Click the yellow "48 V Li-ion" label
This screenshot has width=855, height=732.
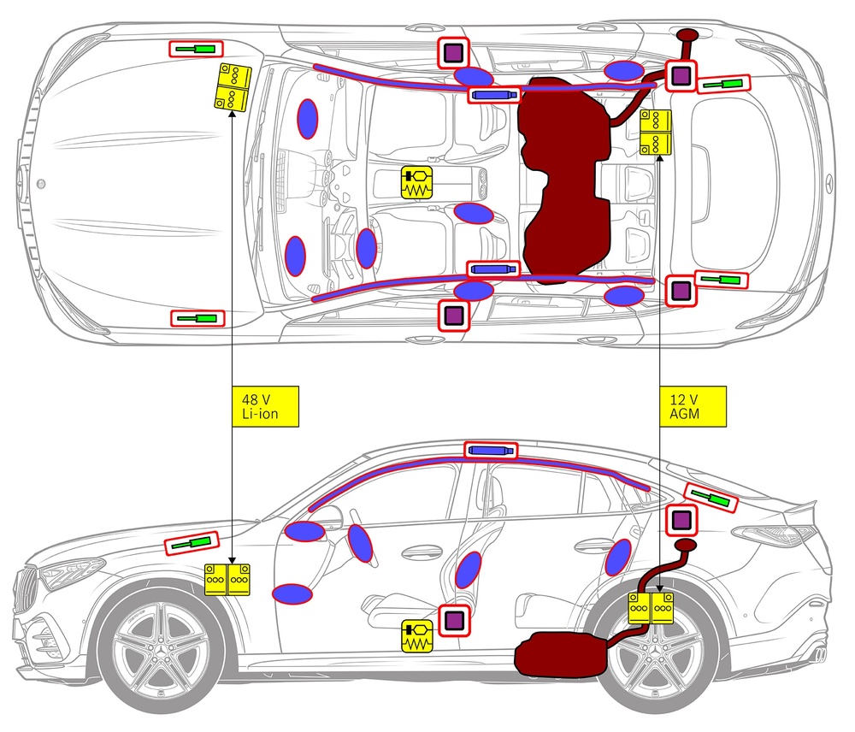tap(266, 406)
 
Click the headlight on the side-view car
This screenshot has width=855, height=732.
tap(73, 571)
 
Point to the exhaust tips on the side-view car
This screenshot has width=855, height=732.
tap(820, 654)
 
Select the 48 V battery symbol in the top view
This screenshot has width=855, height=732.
tap(232, 86)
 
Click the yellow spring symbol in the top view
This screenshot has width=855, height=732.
tap(417, 183)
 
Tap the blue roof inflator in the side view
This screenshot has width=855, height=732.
tap(492, 451)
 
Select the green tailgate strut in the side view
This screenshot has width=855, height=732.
tap(711, 497)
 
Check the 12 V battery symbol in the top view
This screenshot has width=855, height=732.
tap(656, 132)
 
